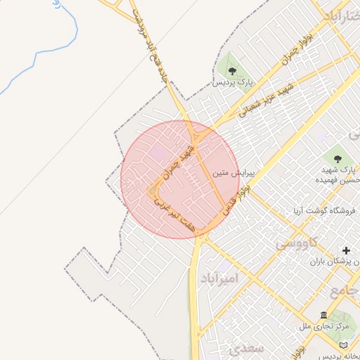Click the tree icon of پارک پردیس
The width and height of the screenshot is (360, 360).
(x=231, y=70)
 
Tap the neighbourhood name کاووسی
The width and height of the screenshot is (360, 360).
(x=296, y=243)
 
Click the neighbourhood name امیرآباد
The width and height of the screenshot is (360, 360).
(x=219, y=278)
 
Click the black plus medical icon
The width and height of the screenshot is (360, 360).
(x=346, y=250)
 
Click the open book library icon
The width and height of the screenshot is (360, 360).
(x=344, y=345)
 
